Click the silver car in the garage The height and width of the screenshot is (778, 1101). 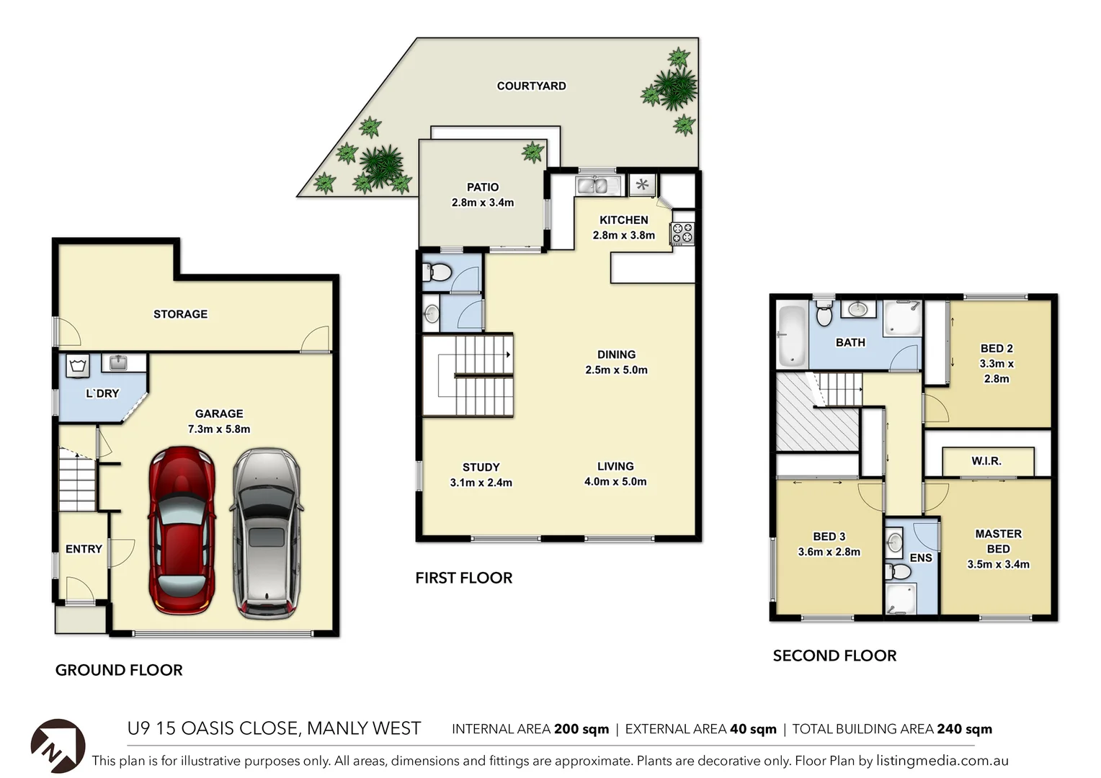pos(266,533)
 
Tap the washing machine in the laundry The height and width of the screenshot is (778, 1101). pos(78,365)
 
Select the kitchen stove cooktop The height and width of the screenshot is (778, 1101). pos(682,233)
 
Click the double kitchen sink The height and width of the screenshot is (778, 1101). pos(597,186)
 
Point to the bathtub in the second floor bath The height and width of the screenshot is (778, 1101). pos(792,336)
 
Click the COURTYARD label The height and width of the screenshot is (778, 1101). pos(531,86)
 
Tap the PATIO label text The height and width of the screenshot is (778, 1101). pos(482,187)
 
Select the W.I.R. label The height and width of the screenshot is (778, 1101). pos(986,461)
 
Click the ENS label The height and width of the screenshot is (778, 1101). pos(920,558)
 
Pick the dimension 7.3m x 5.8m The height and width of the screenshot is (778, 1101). pos(219,429)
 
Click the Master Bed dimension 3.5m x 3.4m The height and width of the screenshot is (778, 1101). pos(998,565)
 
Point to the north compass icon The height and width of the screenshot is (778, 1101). pos(58,746)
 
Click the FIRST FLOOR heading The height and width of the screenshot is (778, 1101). pos(463,578)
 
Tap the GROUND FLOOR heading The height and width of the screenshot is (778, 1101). pos(119,670)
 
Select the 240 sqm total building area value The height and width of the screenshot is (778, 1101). pos(964,729)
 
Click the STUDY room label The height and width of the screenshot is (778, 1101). pos(481,467)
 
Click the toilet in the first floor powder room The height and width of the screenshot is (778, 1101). pos(437,273)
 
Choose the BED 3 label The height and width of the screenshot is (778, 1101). pos(829,537)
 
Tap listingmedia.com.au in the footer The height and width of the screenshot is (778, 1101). pos(942,761)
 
